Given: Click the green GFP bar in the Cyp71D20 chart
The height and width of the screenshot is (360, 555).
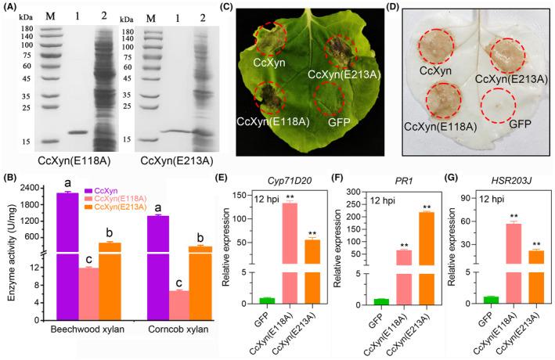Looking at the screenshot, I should (268, 301).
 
